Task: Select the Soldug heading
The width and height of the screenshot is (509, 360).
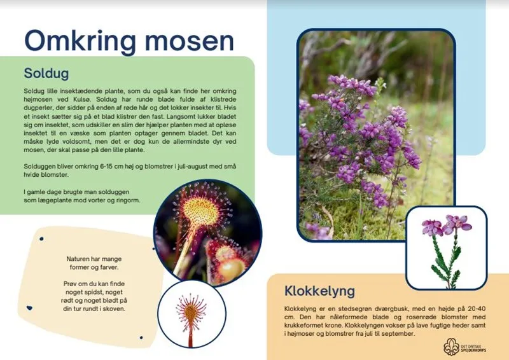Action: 46,73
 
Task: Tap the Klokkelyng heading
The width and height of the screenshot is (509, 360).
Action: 319,292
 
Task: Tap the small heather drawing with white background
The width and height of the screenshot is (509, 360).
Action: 447,247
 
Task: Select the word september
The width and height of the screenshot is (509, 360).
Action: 395,333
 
